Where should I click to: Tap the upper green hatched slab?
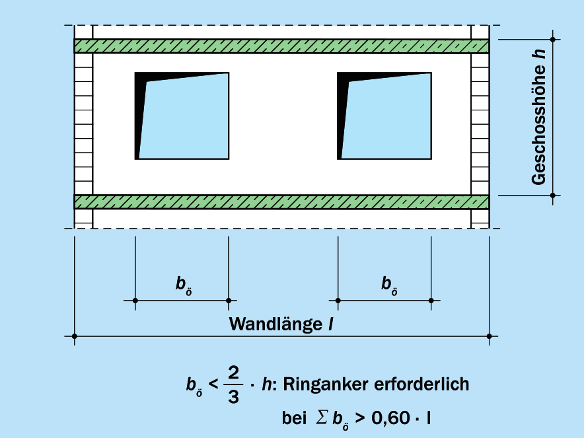[281, 46]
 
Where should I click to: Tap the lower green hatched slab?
[281, 201]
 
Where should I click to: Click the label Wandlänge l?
[281, 324]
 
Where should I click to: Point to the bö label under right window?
[389, 285]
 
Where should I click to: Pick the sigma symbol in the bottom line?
[321, 417]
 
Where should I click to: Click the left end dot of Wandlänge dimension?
[75, 336]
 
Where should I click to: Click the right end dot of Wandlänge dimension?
[489, 336]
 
